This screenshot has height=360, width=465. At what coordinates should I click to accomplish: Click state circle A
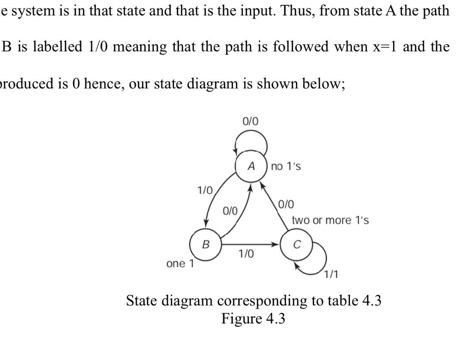pos(251,166)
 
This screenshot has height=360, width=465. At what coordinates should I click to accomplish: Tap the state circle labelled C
pos(296,245)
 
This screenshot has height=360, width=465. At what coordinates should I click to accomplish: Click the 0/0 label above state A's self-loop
pos(251,121)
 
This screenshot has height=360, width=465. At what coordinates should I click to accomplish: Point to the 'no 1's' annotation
pos(286,166)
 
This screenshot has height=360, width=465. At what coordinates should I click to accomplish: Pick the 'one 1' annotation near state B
pos(180,263)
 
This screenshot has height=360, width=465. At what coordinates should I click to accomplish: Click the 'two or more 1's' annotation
pos(330,220)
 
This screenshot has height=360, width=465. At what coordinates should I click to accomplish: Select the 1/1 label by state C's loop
pos(331,274)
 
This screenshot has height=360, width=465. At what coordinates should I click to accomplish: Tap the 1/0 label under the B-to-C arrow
pos(246,254)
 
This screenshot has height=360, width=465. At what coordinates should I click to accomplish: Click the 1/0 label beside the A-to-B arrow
pos(205,190)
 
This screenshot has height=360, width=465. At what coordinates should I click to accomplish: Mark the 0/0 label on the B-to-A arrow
pos(230,211)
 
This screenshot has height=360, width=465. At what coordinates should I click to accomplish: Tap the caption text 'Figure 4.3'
pos(253,319)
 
